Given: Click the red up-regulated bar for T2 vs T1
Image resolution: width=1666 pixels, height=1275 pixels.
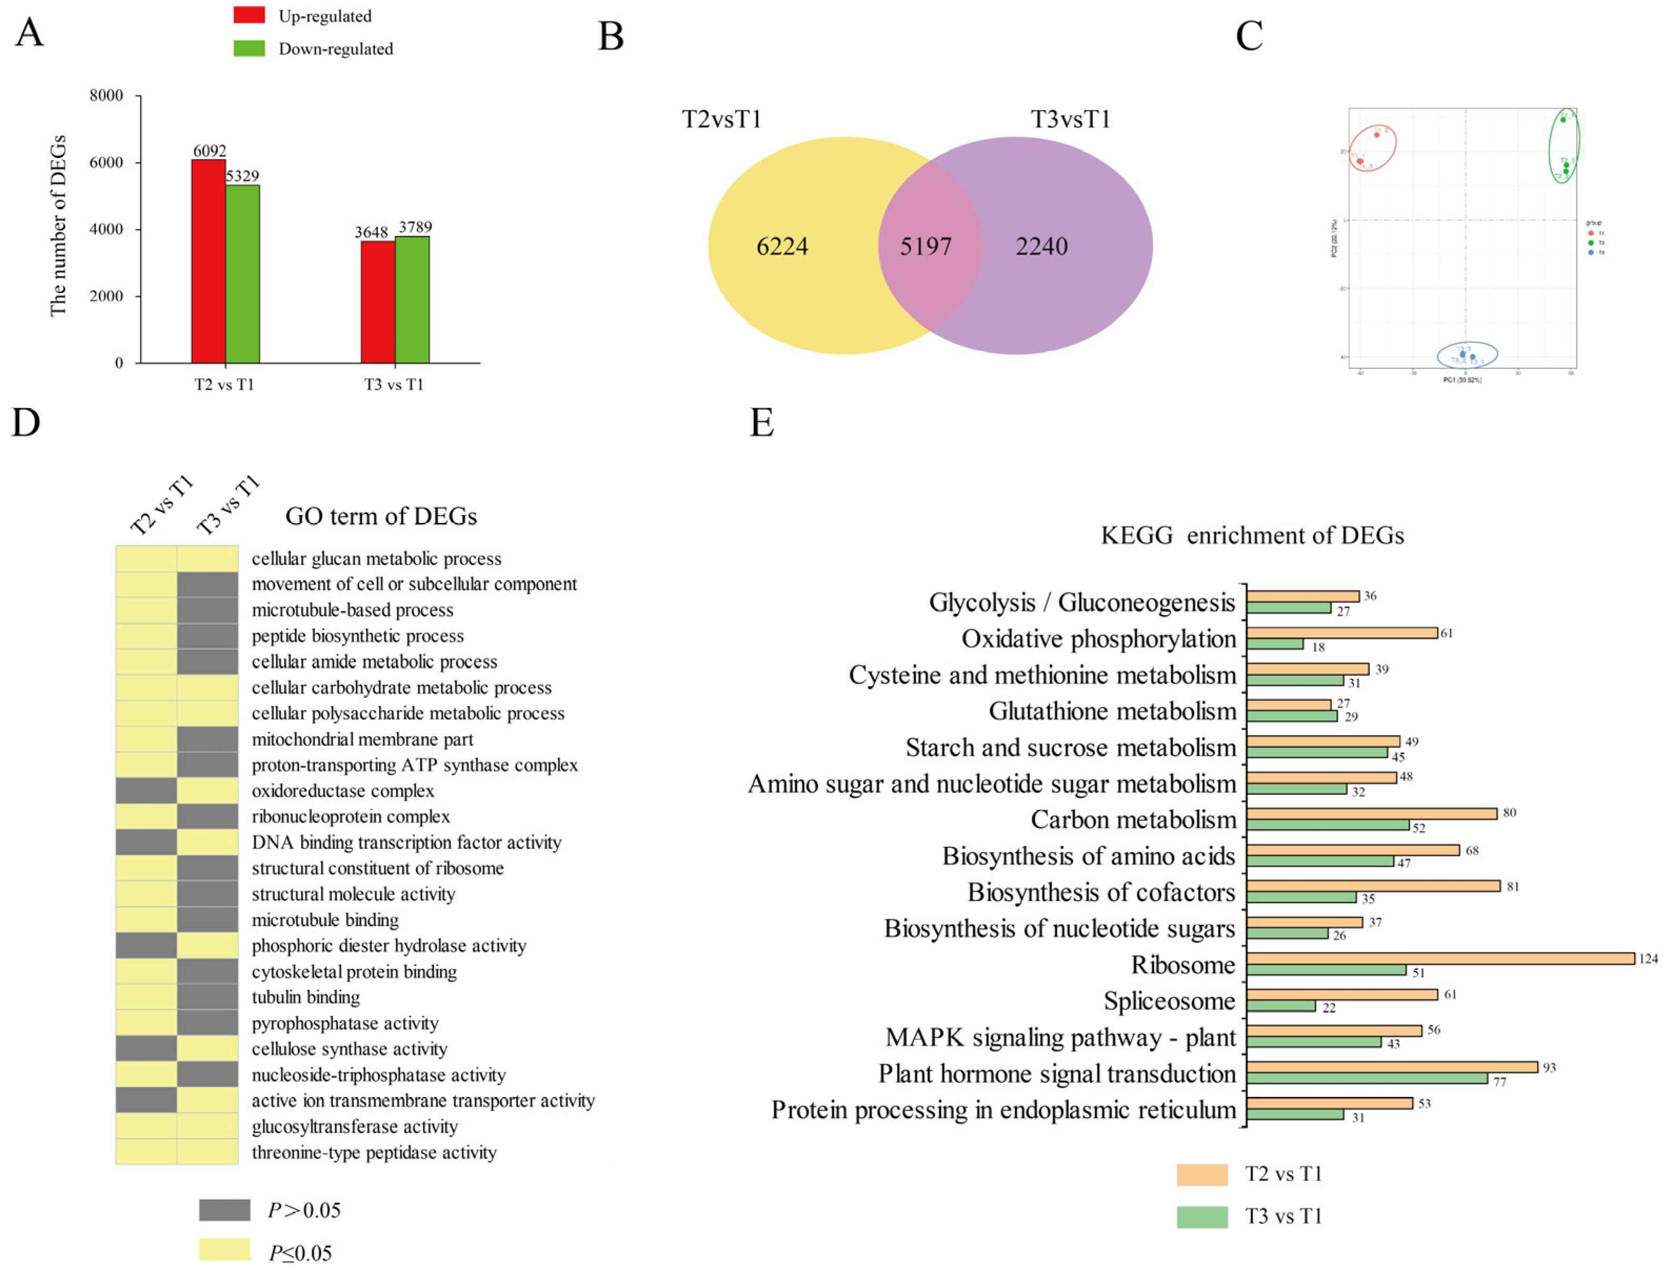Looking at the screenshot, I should pyautogui.click(x=208, y=261).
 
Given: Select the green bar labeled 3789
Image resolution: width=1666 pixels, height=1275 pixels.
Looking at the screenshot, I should pyautogui.click(x=412, y=299).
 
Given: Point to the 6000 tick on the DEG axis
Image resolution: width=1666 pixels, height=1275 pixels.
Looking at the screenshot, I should pyautogui.click(x=106, y=162).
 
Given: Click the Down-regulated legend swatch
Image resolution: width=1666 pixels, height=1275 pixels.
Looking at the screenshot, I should pyautogui.click(x=249, y=48).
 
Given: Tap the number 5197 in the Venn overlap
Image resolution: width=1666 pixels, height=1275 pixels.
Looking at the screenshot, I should pyautogui.click(x=925, y=246).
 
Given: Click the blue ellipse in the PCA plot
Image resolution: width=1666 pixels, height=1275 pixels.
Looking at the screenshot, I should pyautogui.click(x=1467, y=354).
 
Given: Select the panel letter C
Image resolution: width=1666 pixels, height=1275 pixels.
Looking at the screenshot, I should pyautogui.click(x=1248, y=36).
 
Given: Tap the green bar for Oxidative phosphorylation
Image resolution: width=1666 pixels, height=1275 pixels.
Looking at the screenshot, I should pyautogui.click(x=1274, y=644).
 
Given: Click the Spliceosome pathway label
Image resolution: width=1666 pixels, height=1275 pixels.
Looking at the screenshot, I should pyautogui.click(x=1169, y=1001).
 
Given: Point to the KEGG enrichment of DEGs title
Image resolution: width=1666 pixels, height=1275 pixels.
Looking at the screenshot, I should pyautogui.click(x=1252, y=535).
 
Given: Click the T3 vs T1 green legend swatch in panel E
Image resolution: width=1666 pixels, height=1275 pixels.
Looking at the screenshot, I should pyautogui.click(x=1201, y=1217).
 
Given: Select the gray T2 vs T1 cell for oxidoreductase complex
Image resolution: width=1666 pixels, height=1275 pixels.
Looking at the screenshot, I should pyautogui.click(x=146, y=791).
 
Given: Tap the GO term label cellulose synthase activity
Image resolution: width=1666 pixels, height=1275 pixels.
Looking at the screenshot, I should pyautogui.click(x=349, y=1049).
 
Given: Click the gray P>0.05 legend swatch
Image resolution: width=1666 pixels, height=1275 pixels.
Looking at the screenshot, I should pyautogui.click(x=225, y=1210).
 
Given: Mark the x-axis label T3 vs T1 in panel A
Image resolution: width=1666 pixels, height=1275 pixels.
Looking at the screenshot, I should pyautogui.click(x=393, y=385).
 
